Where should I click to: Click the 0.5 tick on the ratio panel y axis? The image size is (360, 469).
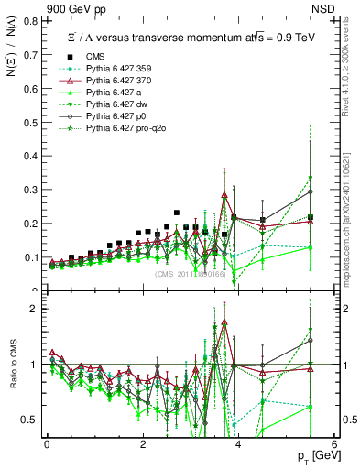coord(32,420)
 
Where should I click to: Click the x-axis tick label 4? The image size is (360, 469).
coord(238,444)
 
